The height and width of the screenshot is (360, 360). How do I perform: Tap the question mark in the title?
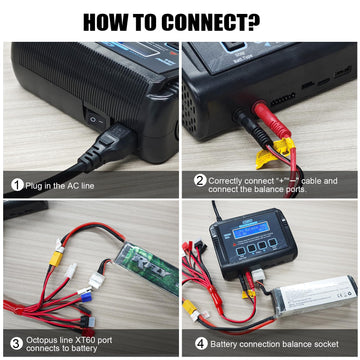click(267, 21)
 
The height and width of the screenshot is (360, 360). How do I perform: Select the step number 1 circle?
click(17, 184)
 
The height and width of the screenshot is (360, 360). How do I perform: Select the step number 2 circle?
click(199, 181)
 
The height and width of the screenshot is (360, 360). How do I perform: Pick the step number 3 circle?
click(17, 342)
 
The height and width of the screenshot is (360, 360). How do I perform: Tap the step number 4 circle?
click(199, 342)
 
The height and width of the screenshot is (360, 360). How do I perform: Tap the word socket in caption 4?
click(326, 342)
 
